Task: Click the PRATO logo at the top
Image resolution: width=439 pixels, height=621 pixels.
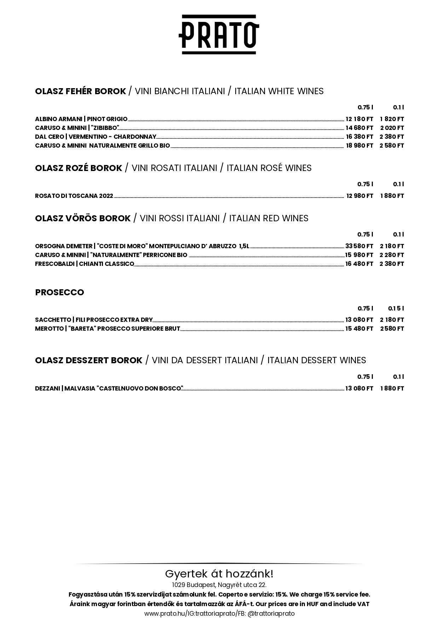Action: click(219, 34)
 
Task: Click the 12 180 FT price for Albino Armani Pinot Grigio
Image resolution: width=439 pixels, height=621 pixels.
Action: click(359, 119)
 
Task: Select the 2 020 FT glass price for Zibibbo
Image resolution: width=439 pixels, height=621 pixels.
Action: click(392, 128)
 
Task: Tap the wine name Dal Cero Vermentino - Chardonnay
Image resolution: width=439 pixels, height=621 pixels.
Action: click(96, 137)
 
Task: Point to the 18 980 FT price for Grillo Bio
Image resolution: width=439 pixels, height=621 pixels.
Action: click(359, 146)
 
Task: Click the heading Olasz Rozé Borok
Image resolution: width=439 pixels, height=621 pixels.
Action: click(79, 168)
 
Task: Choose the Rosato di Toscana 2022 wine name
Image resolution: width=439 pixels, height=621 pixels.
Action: click(74, 196)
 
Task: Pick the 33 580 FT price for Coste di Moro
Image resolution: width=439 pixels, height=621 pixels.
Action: click(359, 246)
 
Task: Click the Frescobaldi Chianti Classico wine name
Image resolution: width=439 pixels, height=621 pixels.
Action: click(85, 264)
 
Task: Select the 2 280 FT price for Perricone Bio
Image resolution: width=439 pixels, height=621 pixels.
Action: click(392, 255)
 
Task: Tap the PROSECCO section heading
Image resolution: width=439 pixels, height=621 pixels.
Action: click(59, 292)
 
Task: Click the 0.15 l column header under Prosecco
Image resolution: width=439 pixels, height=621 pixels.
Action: click(396, 308)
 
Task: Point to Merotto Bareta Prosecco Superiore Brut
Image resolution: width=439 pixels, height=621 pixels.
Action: click(108, 329)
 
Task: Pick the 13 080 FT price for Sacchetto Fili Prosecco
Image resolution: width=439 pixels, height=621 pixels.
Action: click(359, 320)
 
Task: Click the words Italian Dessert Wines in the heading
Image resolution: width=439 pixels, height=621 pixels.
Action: click(317, 360)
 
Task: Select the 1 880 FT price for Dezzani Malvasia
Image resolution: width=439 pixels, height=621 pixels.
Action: click(392, 388)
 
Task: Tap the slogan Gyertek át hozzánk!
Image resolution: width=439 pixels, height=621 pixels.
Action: click(219, 574)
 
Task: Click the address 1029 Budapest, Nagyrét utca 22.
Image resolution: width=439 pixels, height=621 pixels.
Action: click(219, 585)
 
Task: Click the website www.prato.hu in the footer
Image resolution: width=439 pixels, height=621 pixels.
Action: click(165, 614)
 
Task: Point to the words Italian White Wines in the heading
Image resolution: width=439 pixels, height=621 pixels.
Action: click(279, 91)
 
